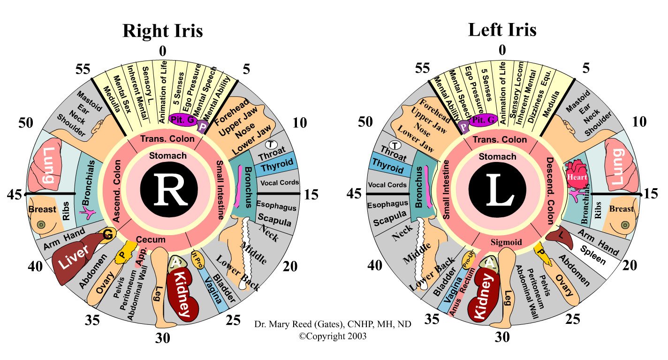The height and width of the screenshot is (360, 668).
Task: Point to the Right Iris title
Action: coord(162,31)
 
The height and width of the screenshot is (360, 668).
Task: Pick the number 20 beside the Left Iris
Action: coord(630,266)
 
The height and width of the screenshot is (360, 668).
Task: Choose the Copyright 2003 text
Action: coord(333,336)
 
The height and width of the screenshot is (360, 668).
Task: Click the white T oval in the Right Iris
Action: coord(271,144)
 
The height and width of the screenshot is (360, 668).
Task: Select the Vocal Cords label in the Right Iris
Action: coord(279,183)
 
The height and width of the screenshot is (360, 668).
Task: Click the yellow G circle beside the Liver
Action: coord(107,235)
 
